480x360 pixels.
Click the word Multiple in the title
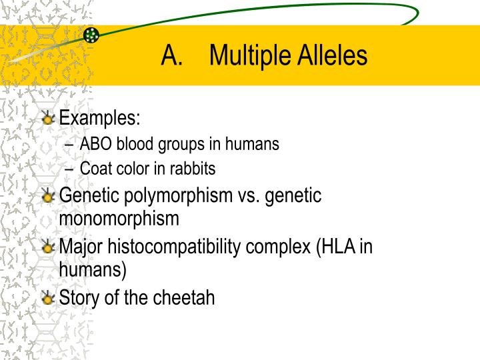coord(247,56)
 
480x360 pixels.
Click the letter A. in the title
coord(172,56)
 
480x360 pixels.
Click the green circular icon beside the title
coord(91,35)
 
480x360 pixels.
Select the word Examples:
coord(100,119)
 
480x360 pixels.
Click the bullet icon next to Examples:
coord(48,119)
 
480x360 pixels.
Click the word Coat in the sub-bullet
coord(94,169)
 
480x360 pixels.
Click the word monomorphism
coord(119,218)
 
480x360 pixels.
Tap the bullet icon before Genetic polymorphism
coord(48,197)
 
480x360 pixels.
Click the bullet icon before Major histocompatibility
coord(48,248)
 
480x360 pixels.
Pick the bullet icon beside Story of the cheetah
coord(48,298)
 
